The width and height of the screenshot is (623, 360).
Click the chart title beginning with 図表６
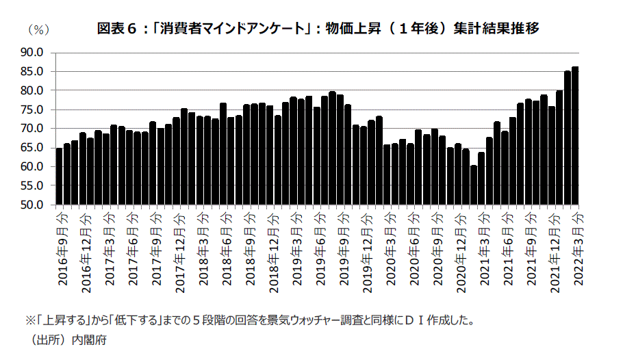coord(318,29)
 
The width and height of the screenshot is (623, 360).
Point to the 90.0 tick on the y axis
coord(32,52)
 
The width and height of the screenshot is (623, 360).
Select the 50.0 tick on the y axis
coord(32,205)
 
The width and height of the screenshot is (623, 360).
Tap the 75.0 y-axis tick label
coord(32,110)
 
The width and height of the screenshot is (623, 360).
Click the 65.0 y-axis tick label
coord(32,148)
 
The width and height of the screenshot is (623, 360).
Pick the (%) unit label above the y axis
coord(37,29)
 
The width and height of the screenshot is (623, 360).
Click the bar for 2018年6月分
coord(223,154)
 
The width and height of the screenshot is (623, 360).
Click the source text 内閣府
coord(91,338)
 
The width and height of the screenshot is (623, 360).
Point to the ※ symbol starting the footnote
coord(29,320)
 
